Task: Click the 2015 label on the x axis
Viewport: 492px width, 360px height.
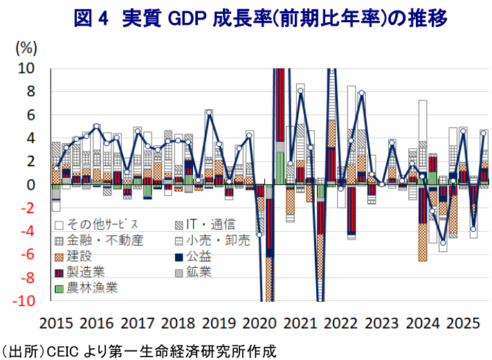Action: coord(57,322)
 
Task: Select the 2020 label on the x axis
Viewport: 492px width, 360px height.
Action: coord(257,322)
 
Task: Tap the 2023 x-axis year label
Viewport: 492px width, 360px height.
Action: coord(376,322)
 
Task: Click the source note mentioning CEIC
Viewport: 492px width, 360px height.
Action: coord(138,352)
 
